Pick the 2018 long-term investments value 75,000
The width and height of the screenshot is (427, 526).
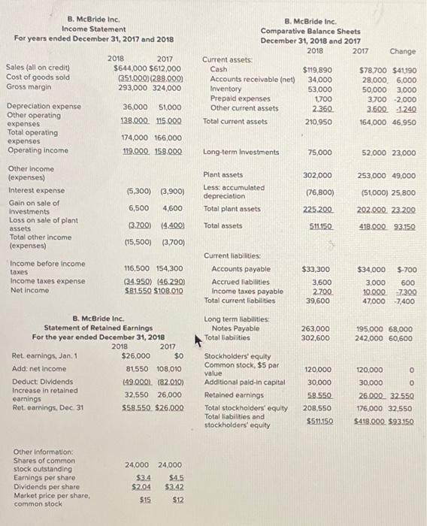pyautogui.click(x=320, y=153)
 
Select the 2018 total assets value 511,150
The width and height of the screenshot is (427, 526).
pyautogui.click(x=319, y=225)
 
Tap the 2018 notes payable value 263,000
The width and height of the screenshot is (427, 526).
pyautogui.click(x=316, y=328)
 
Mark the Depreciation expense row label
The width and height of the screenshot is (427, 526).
pyautogui.click(x=44, y=107)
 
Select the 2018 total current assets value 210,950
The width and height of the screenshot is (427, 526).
pyautogui.click(x=319, y=121)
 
